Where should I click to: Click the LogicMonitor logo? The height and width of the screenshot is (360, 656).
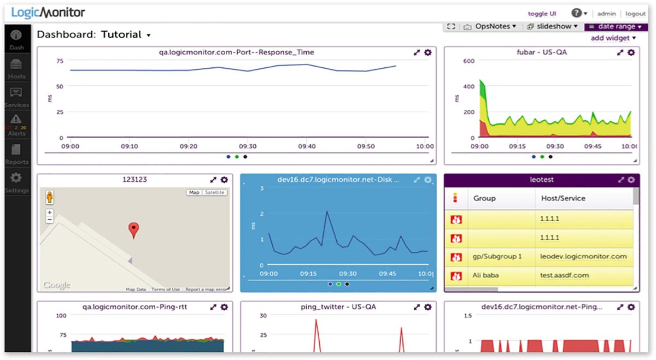tap(48, 13)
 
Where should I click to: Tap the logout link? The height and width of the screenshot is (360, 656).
tap(635, 14)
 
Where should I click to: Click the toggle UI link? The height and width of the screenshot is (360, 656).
tap(542, 14)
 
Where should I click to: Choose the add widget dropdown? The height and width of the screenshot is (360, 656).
tap(613, 38)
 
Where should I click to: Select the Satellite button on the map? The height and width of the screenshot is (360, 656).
tap(215, 192)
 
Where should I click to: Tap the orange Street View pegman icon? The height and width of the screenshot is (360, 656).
tap(50, 197)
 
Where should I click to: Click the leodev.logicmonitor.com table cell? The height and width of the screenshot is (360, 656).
tap(583, 256)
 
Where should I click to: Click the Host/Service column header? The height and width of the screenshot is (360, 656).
tap(563, 198)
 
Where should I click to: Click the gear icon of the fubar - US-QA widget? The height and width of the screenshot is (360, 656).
tap(631, 52)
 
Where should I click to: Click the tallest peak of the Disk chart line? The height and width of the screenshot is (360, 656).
tap(327, 211)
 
